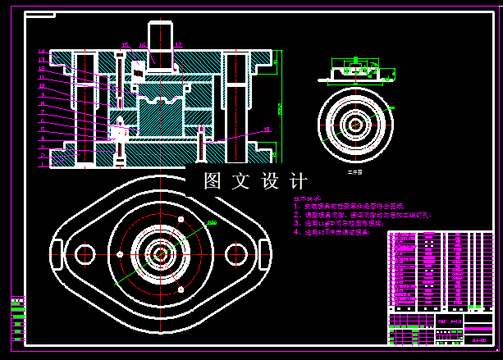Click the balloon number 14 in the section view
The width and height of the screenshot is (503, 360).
tap(41, 52)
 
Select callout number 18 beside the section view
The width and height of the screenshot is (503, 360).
tap(267, 129)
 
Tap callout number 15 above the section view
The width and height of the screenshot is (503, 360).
tap(125, 44)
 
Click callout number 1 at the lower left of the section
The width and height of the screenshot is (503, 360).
tap(41, 164)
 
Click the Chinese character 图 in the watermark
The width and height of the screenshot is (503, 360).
tap(213, 180)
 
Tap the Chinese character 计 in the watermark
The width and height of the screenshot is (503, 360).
tap(299, 180)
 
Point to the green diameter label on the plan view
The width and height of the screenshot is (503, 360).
tap(211, 222)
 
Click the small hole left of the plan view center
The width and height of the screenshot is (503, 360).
tap(120, 253)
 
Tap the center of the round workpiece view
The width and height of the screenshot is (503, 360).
tap(355, 125)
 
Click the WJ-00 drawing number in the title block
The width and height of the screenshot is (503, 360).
tap(478, 338)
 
